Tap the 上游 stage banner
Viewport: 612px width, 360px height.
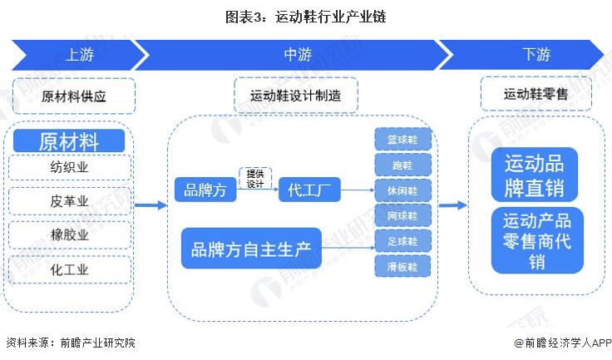[x=79, y=55]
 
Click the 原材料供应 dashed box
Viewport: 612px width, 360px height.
[x=74, y=96]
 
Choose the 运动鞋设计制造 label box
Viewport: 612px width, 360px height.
[x=295, y=96]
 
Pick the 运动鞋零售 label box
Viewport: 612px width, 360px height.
[x=535, y=94]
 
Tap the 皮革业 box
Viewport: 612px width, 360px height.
[x=70, y=202]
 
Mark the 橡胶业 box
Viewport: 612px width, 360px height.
[x=70, y=235]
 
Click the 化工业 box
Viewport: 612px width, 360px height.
[x=70, y=269]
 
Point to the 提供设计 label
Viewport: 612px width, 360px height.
[x=254, y=179]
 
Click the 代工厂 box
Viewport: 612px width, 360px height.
[x=308, y=190]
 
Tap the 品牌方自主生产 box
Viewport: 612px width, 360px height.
[x=251, y=248]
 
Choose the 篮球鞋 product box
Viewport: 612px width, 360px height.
[x=402, y=139]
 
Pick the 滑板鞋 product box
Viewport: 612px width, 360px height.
[x=402, y=266]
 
